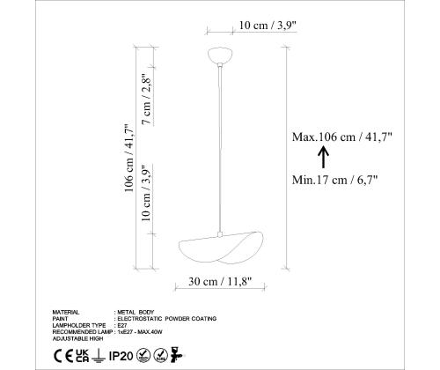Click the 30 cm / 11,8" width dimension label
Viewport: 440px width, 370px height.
(220, 282)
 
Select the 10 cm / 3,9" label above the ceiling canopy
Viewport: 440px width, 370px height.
(268, 26)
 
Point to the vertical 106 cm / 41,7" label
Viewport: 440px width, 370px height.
(129, 158)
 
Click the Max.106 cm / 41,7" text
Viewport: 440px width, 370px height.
(342, 137)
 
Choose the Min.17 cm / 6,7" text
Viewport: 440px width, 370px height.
(334, 180)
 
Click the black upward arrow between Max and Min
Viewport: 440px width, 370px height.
(323, 158)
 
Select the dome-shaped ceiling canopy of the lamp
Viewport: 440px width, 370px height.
(220, 55)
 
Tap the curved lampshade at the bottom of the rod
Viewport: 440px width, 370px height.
(221, 248)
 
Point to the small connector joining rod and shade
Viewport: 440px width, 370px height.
(220, 234)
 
